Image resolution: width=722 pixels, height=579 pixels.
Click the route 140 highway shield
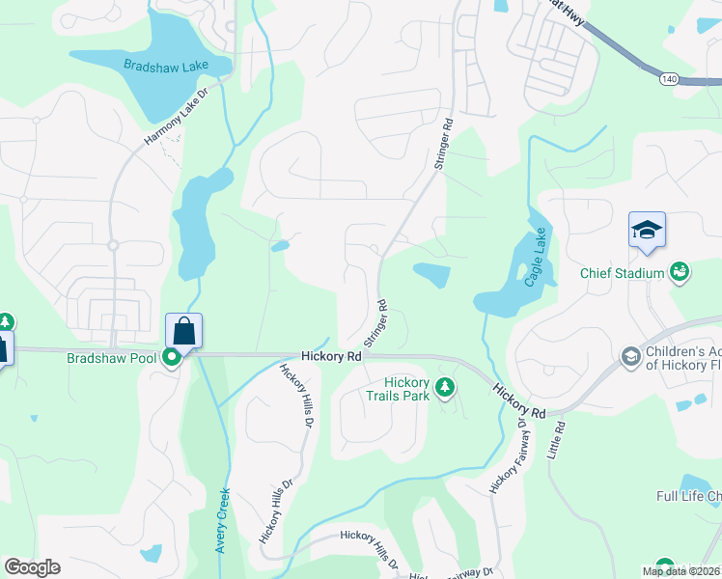668,76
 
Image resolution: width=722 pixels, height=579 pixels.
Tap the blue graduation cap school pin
647,231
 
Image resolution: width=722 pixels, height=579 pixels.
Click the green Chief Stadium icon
680,272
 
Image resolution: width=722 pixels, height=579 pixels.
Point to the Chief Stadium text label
622,273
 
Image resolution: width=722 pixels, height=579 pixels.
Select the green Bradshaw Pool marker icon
172,358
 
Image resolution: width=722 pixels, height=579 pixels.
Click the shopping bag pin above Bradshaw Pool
183,332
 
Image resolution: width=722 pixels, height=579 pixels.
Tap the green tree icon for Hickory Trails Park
444,388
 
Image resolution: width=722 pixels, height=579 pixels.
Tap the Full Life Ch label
688,497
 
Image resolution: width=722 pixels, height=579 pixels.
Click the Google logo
32,567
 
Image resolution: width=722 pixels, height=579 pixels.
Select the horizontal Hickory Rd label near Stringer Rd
330,356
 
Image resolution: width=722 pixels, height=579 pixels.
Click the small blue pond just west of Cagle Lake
431,275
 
